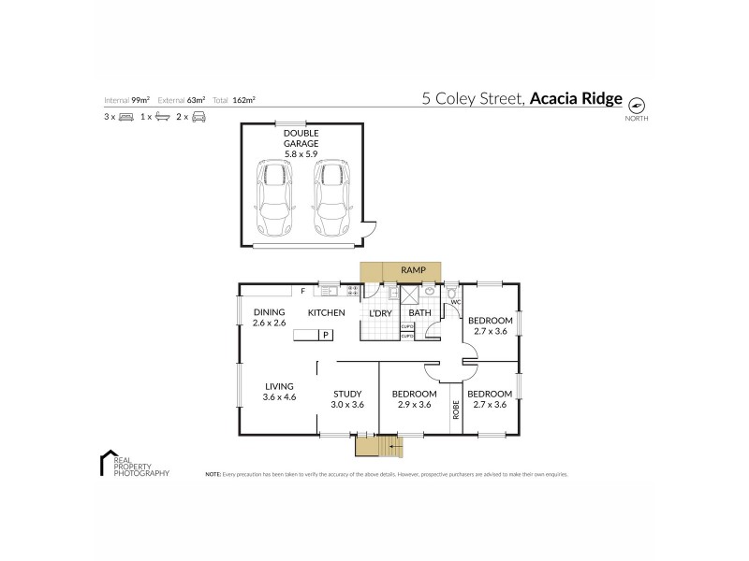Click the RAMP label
413,270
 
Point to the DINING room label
268,312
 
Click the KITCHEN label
327,312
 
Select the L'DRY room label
380,312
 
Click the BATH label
419,312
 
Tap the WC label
456,302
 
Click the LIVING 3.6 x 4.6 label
279,391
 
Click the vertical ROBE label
456,411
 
